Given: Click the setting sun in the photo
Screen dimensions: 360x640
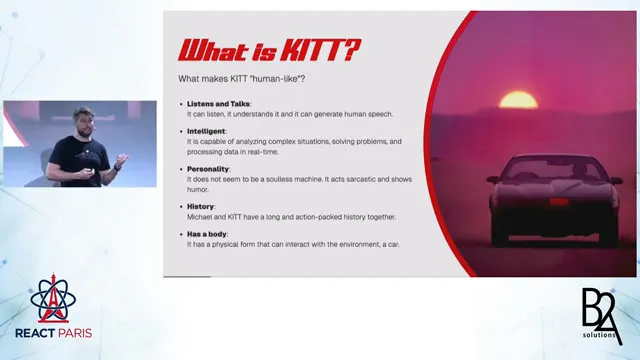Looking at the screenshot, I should [x=518, y=101].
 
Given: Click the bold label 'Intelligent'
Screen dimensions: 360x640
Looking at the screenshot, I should [x=207, y=131].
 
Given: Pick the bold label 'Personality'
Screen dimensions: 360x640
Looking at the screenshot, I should [x=209, y=169].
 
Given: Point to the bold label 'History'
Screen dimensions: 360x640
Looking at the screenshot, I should [x=201, y=206].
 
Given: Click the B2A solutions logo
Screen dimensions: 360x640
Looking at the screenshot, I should [x=602, y=315].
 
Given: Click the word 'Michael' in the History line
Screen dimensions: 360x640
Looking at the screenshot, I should [x=203, y=216].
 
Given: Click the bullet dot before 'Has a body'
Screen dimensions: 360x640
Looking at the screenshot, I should [x=180, y=234].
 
